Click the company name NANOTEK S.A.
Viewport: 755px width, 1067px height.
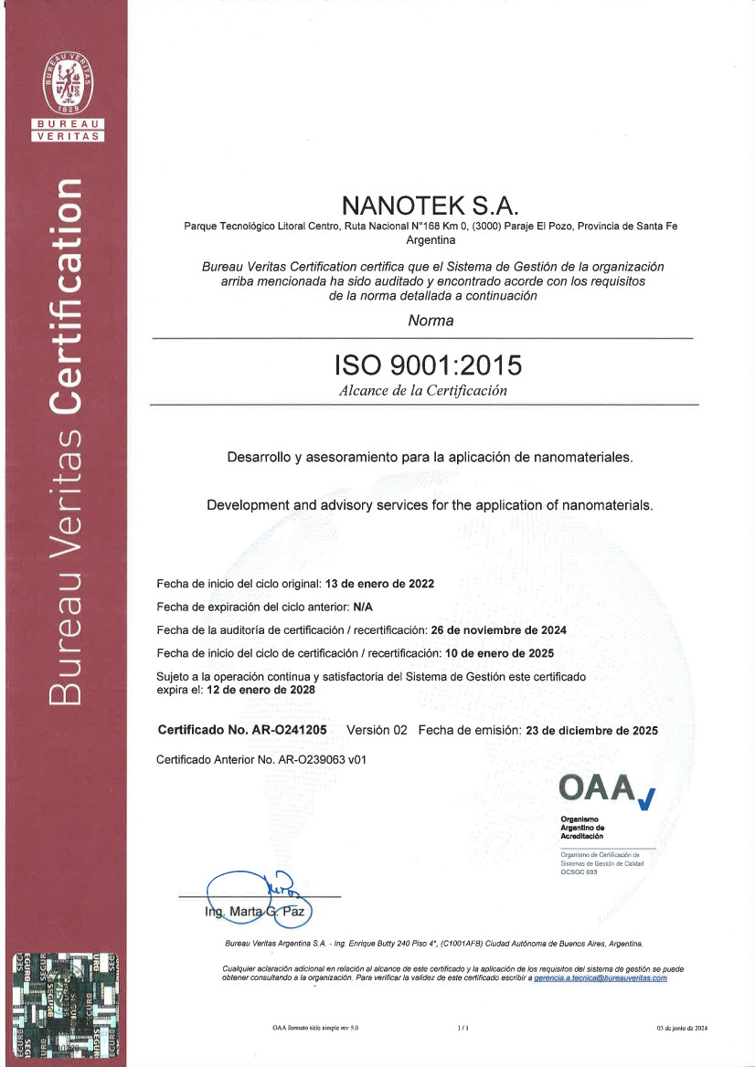point(429,204)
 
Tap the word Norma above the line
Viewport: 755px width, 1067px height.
point(430,321)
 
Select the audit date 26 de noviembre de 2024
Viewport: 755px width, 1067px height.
point(499,630)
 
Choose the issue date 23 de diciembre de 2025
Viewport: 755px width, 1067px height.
point(591,731)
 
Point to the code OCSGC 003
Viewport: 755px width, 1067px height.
point(579,872)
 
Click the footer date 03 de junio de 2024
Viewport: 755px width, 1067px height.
point(682,1028)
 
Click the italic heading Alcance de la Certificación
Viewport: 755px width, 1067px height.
point(422,391)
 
